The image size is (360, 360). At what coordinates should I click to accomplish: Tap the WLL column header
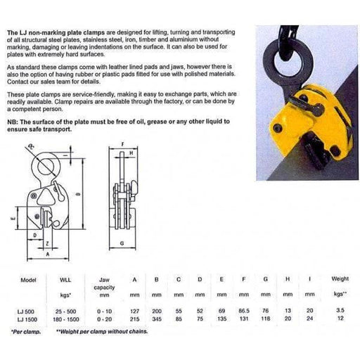pos(65,279)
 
